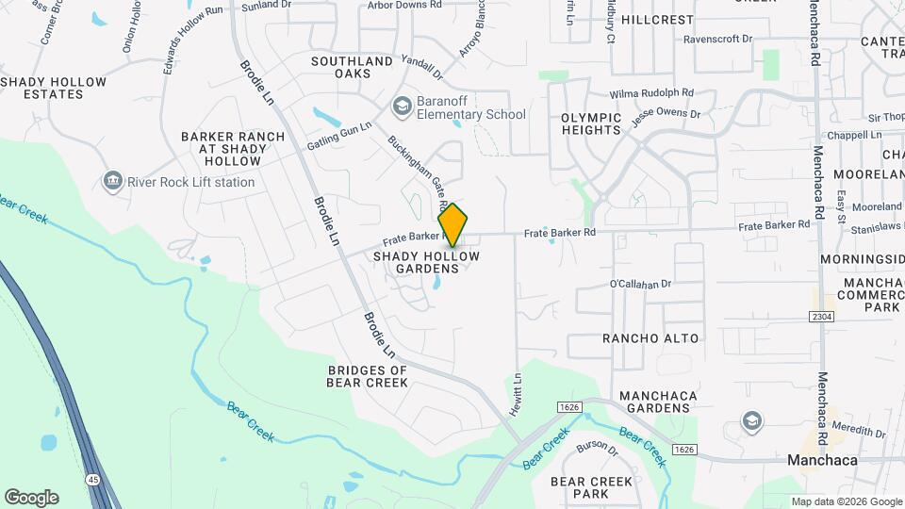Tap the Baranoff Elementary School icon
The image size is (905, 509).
[403, 106]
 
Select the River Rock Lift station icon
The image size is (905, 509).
[114, 181]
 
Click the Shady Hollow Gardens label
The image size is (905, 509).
[427, 262]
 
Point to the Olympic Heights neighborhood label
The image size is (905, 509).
[591, 124]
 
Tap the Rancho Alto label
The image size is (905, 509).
[650, 338]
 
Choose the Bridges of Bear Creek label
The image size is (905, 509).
[368, 376]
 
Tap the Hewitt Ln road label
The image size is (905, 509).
[518, 389]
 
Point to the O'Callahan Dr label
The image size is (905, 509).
[640, 283]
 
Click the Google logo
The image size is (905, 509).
[31, 497]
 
